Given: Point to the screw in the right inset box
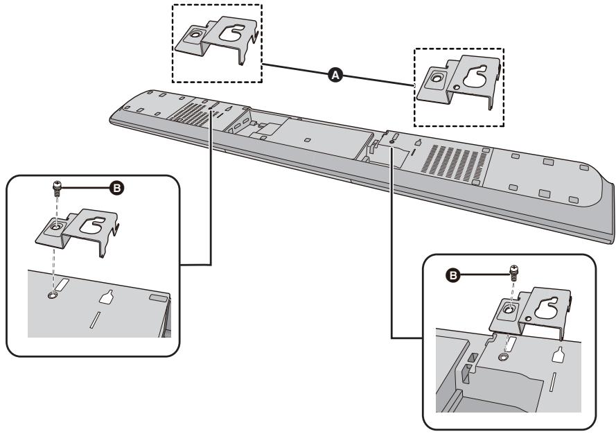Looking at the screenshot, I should point(513,271).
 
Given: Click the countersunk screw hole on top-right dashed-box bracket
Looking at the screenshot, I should point(434,80).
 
